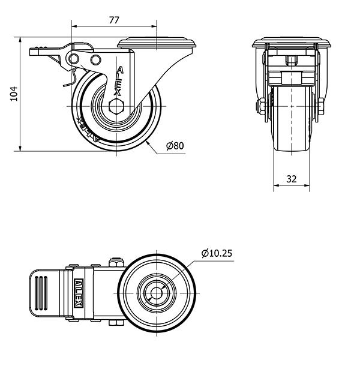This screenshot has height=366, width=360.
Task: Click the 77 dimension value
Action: pos(114,20)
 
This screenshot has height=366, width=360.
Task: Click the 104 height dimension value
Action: pos(14,94)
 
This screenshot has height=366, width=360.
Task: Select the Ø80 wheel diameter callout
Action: pos(175,146)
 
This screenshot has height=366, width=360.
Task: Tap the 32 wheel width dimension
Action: pos(292,179)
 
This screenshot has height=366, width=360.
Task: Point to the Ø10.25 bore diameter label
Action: pos(217,253)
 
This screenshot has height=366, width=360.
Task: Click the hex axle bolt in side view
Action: pos(116,106)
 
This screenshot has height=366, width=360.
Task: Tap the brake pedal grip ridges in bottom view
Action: pos(41,293)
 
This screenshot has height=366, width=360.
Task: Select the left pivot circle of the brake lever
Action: pos(74,59)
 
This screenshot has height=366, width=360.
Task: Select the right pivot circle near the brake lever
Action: pos(95,60)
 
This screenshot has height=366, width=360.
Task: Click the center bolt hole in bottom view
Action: pos(157,293)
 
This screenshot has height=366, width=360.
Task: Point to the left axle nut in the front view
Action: pos(261,106)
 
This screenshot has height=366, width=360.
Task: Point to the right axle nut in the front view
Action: pos(320,106)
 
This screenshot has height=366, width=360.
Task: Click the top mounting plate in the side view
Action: pos(157,43)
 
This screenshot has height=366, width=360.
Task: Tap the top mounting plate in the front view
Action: pos(292,43)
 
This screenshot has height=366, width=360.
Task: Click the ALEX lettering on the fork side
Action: pos(119,81)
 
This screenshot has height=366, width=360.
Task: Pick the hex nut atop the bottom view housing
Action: pos(116,262)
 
